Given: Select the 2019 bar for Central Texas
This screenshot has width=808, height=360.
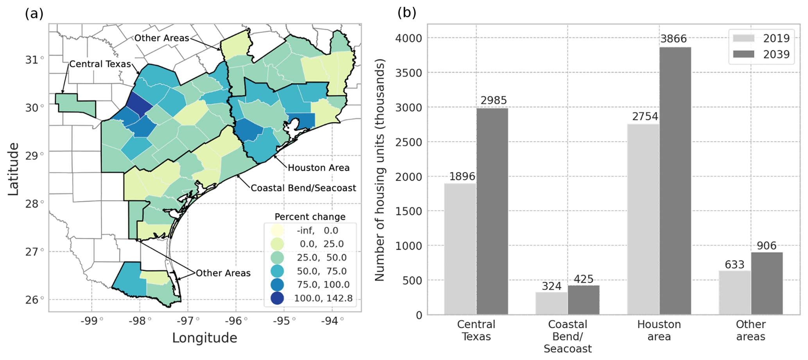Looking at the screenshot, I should point(460,249).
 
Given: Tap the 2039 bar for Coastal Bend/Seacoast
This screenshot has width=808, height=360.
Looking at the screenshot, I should point(584,300).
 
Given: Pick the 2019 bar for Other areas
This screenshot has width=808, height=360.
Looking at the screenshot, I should point(735,292).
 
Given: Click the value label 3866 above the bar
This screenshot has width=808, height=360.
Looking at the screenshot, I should point(674,39).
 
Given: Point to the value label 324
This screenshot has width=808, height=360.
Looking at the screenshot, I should point(551,286).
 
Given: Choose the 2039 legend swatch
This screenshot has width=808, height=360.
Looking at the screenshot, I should point(744,54).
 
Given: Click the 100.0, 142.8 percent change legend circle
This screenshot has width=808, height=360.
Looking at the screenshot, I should point(277,298).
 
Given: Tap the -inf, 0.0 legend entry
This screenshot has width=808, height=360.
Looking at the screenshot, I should point(317,231).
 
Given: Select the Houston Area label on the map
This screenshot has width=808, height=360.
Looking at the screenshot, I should point(319,168).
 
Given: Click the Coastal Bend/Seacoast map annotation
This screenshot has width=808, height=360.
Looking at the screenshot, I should point(303,188).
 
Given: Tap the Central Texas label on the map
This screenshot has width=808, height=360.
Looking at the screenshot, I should point(100,64).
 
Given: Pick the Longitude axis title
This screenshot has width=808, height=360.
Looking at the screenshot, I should point(204,338).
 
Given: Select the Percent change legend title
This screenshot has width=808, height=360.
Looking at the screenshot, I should point(310,217).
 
